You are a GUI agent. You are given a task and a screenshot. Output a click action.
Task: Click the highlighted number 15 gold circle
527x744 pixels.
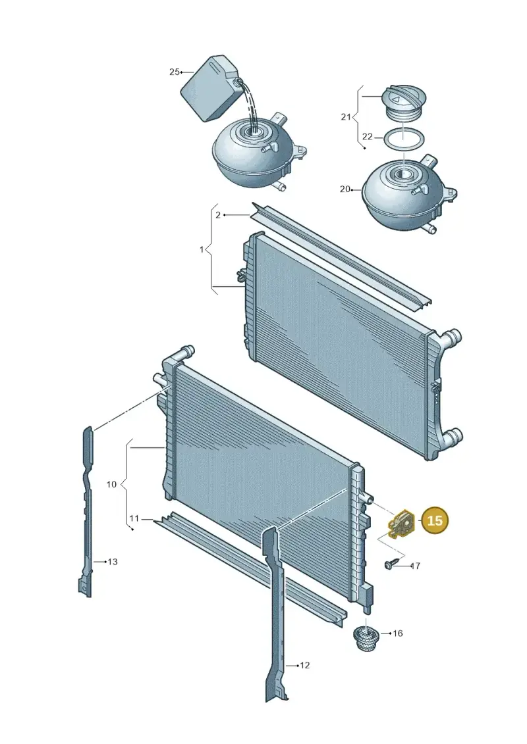(435, 520)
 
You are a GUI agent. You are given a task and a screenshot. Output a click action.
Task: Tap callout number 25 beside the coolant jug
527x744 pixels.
(175, 72)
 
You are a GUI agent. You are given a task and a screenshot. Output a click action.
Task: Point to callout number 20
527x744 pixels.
(345, 189)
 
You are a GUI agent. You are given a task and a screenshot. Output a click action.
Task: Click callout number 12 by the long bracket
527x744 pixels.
(304, 665)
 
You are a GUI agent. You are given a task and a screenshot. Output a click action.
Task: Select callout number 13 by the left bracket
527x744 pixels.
(112, 562)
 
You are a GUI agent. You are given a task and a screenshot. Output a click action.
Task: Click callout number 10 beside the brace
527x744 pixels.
(111, 484)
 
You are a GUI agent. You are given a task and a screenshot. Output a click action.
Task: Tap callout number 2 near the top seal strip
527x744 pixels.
(218, 215)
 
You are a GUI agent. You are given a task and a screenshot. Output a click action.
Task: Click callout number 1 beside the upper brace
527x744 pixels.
(202, 249)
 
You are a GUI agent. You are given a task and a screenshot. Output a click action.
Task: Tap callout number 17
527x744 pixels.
(415, 566)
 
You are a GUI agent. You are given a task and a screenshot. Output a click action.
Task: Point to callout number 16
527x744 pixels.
(398, 633)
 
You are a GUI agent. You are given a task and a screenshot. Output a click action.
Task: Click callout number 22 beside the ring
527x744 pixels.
(368, 137)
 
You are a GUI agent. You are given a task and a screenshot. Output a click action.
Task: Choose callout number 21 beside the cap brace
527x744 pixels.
(346, 116)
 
